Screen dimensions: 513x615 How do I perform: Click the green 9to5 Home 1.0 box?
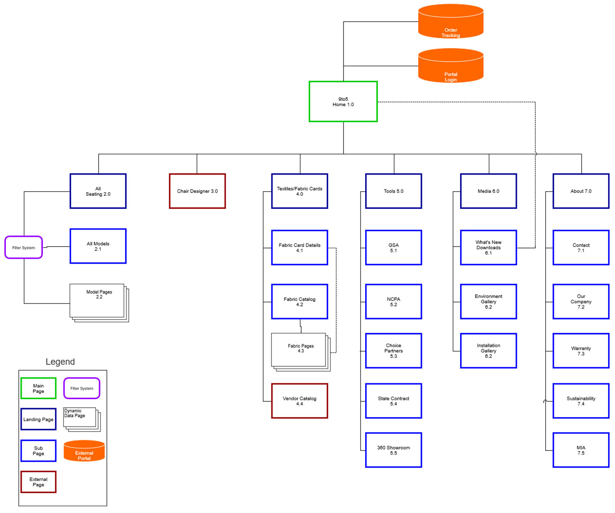(343, 102)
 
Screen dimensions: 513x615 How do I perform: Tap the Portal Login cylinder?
(451, 66)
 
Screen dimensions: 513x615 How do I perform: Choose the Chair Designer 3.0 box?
(197, 191)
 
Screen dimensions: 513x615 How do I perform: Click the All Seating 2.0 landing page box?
(98, 191)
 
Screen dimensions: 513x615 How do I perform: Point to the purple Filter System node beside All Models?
(24, 247)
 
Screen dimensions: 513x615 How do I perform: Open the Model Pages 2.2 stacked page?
(98, 301)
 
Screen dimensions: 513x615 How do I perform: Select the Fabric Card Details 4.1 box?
(299, 247)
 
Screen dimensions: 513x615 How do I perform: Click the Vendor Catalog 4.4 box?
(299, 401)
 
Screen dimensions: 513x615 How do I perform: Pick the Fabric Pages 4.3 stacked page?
(299, 350)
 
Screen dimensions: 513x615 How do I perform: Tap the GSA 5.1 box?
(393, 247)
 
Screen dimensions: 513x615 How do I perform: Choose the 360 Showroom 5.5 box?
(393, 450)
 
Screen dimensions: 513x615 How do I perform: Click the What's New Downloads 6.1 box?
(488, 247)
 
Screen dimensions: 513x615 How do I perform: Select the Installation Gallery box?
(488, 351)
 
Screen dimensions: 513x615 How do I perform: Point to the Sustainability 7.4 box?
(581, 401)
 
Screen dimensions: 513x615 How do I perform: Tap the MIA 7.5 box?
(581, 450)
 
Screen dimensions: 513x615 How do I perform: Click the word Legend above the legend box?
(60, 362)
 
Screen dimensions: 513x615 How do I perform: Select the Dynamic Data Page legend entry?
(81, 418)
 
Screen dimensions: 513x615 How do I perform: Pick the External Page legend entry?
(39, 482)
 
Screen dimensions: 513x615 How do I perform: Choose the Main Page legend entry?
(39, 388)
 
